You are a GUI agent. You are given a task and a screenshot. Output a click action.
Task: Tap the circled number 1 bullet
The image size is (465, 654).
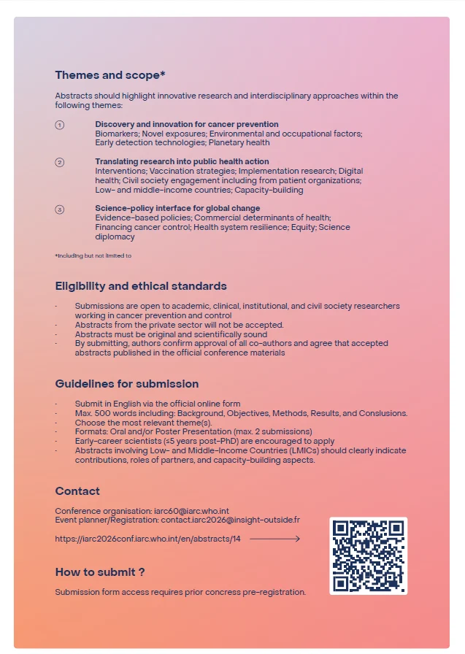point(60,125)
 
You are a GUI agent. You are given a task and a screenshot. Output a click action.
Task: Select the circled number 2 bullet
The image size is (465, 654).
point(60,162)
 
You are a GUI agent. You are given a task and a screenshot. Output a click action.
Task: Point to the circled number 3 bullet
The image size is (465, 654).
point(60,209)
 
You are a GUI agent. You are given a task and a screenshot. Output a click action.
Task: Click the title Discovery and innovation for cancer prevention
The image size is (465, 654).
point(186,124)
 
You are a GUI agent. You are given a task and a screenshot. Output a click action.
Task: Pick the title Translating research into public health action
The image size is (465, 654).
point(182,161)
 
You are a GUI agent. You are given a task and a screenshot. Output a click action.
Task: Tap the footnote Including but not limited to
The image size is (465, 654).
point(93,255)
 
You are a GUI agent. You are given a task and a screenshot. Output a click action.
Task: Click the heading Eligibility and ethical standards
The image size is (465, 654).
point(141,286)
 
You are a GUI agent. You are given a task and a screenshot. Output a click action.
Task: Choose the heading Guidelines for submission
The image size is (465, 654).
point(127,384)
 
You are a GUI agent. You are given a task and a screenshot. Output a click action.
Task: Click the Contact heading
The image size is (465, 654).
point(77,491)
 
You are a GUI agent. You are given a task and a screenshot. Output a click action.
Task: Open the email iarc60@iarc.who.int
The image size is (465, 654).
point(193,511)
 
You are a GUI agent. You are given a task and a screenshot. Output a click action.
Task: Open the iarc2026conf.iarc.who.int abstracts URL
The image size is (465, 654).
point(148,539)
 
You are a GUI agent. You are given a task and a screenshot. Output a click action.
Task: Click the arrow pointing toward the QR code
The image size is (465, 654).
point(274,539)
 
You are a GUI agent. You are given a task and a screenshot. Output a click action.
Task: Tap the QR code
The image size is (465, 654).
point(368,555)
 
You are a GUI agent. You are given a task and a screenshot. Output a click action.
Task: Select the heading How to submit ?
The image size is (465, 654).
point(100,572)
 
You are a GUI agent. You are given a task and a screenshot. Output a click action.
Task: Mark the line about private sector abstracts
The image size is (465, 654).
point(179,325)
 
